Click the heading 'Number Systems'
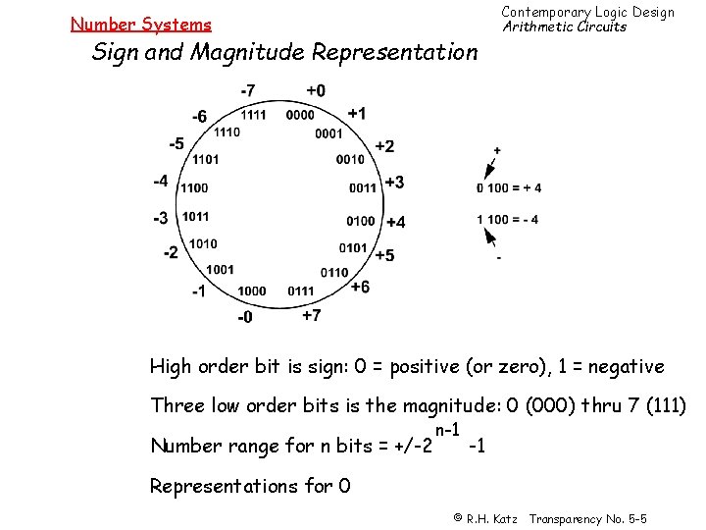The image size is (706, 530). (140, 25)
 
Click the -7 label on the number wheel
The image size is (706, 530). (248, 91)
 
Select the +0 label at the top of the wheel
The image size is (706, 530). (315, 91)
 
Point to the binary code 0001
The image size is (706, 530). (329, 133)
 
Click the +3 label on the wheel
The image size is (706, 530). (393, 182)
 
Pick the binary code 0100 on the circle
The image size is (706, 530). (361, 221)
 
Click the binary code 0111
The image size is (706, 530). (301, 291)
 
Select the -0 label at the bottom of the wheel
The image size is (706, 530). (245, 316)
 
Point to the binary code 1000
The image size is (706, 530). (252, 291)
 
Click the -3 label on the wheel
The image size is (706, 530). (160, 217)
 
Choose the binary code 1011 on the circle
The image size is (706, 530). (194, 216)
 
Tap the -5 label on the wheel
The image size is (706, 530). (176, 144)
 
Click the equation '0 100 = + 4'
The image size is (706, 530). (508, 188)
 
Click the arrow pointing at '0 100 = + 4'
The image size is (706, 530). (491, 168)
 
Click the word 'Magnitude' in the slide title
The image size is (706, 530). (268, 52)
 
